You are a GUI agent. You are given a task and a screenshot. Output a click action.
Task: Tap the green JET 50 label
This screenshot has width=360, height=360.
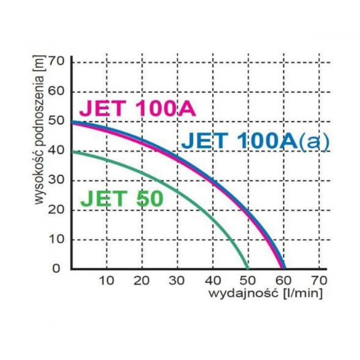tap(122, 199)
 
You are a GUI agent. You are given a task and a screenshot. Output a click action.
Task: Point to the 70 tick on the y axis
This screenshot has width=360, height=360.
tap(56, 61)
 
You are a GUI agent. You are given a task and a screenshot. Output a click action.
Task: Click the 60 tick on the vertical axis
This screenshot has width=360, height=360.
tap(56, 91)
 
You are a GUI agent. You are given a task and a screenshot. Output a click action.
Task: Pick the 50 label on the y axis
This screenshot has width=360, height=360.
tap(56, 120)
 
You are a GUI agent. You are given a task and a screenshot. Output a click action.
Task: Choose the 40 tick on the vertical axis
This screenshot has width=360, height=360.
tap(56, 150)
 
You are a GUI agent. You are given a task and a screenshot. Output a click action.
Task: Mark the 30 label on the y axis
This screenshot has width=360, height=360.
tap(56, 180)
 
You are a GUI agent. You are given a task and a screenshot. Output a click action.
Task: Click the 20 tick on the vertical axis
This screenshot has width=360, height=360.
tap(56, 209)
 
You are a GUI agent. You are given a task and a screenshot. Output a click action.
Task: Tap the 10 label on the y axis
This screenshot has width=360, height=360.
tap(56, 239)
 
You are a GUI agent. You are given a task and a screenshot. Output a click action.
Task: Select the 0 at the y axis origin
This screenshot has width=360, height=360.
tap(56, 268)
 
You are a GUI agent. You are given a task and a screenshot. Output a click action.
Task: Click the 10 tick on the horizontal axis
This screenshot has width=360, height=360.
tap(106, 280)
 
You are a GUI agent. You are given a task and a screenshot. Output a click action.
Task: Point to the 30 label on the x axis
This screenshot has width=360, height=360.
tap(177, 280)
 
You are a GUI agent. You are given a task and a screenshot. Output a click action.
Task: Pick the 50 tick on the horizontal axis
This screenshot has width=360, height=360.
tap(248, 280)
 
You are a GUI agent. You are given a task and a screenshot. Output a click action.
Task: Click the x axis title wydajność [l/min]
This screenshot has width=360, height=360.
tap(265, 294)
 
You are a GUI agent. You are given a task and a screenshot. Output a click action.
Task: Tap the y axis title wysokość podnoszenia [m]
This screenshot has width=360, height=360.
tap(39, 130)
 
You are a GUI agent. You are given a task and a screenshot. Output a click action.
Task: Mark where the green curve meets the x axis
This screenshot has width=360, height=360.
tap(248, 268)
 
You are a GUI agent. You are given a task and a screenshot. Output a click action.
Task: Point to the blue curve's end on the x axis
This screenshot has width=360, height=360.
tap(285, 268)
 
